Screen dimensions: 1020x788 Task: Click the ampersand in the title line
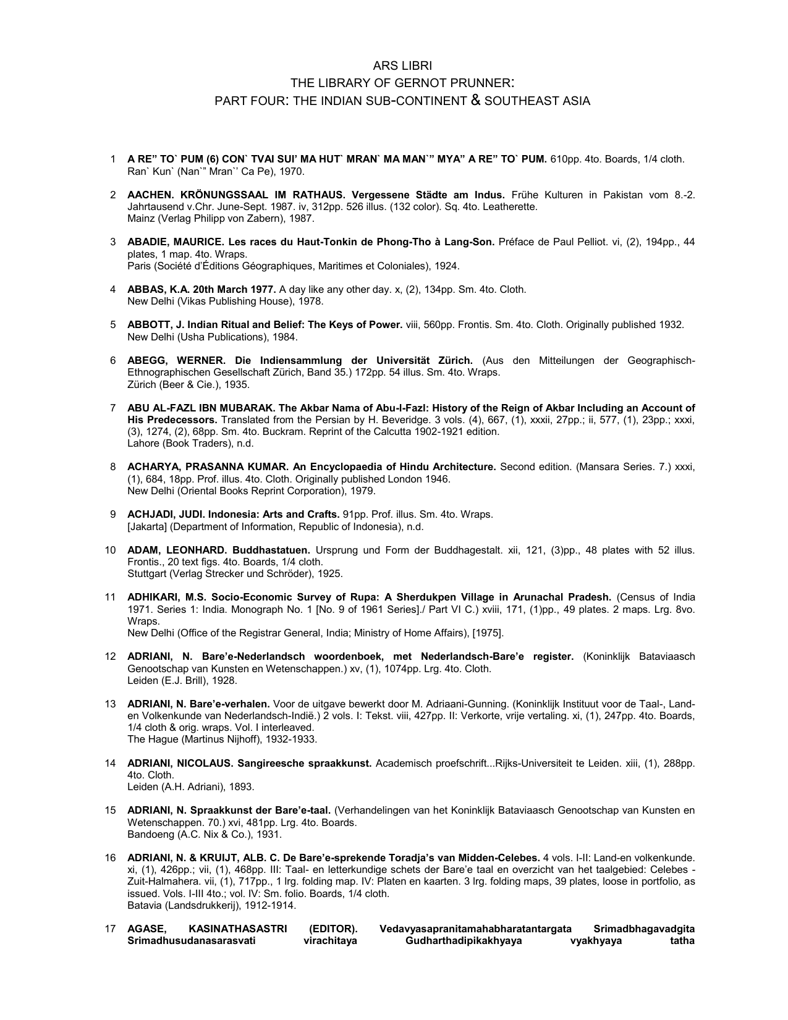click(x=476, y=100)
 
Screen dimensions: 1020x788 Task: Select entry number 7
click(x=113, y=408)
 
